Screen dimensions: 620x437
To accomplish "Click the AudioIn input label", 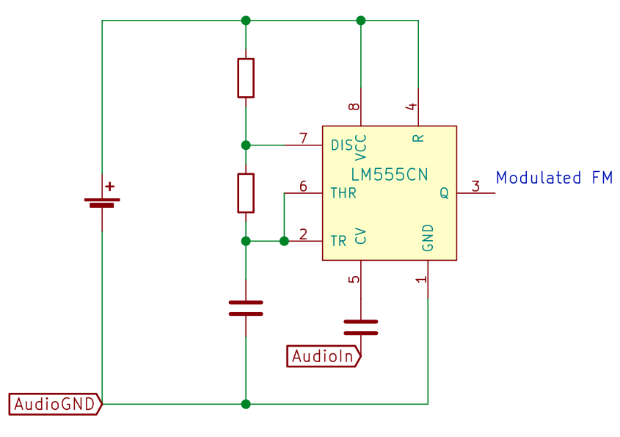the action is coord(324,356).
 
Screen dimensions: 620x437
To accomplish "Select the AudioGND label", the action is coord(55,404).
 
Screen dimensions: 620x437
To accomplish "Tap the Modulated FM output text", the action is coord(554,178).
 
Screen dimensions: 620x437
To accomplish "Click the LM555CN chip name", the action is coord(390,175).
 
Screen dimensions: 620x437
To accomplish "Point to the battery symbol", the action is coord(102,203).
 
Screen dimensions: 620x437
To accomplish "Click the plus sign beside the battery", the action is coord(110,186).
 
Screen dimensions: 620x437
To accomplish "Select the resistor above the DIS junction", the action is coord(246,78).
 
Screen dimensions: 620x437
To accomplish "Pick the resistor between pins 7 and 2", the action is coord(246,193).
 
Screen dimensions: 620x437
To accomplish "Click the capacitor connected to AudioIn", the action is coord(360,328).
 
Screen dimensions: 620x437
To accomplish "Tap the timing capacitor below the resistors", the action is coord(246,308).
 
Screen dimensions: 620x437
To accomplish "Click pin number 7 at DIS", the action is coord(303,138).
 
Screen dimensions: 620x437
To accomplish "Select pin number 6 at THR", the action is coord(303,186).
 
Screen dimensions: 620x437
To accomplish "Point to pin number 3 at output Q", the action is coord(475,186).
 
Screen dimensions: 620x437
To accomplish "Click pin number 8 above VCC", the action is coord(354,106).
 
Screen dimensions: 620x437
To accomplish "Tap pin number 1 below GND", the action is coord(421,279).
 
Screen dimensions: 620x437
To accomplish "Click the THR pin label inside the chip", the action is coord(343,193).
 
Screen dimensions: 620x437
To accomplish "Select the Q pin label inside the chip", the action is coord(444,193).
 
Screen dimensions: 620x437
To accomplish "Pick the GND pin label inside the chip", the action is coord(428,238).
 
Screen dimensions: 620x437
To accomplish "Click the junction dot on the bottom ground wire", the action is coord(246,404).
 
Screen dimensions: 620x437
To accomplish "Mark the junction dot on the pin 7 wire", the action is coord(246,145).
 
